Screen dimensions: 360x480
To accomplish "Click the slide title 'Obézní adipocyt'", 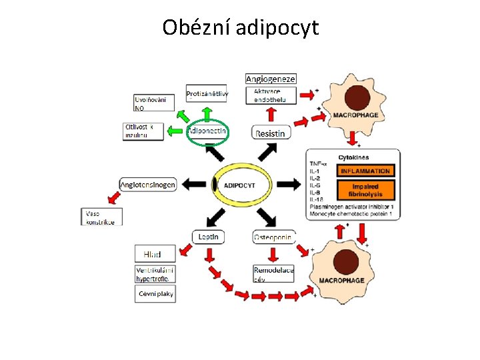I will (x=241, y=28).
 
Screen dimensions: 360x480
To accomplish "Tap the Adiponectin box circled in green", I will (x=208, y=131).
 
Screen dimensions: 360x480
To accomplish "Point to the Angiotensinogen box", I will (x=148, y=184).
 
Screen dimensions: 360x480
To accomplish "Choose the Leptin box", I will (x=209, y=236).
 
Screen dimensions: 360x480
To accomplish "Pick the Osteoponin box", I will (x=273, y=237).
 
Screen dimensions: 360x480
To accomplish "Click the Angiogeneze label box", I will (x=270, y=79).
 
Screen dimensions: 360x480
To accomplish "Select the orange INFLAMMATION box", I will (x=365, y=171).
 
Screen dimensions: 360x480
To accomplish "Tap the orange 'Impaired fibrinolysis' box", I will (x=365, y=190).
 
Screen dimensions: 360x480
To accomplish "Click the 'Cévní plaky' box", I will (x=155, y=293).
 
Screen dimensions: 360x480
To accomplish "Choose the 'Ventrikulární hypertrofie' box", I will (x=155, y=274).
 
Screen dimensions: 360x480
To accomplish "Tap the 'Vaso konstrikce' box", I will (x=101, y=217).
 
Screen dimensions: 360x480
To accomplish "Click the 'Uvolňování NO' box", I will (x=154, y=103).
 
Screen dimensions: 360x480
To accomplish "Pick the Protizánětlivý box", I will (x=207, y=94).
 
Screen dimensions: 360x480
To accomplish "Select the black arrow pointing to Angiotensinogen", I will (x=195, y=184).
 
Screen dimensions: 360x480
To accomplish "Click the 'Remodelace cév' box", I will (x=273, y=274).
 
